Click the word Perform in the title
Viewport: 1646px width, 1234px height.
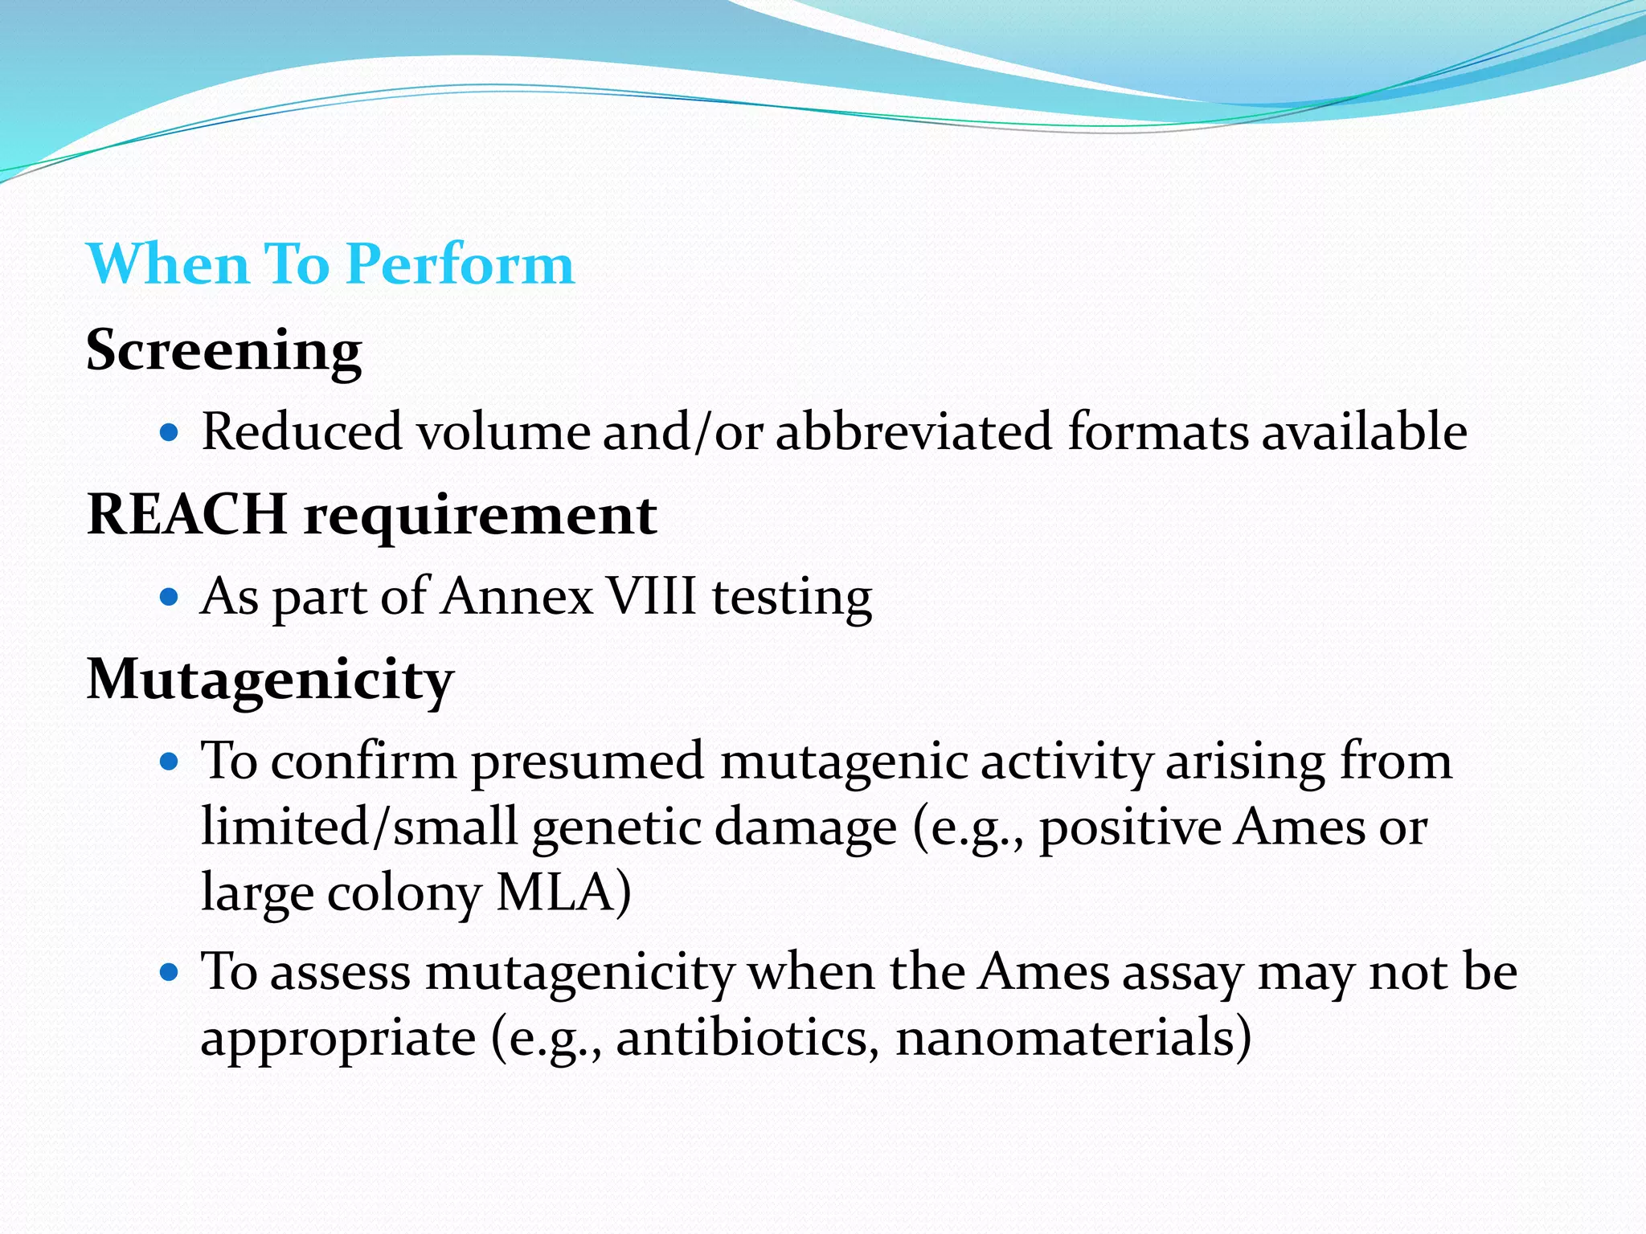tap(461, 265)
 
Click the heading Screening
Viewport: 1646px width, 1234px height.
tap(224, 351)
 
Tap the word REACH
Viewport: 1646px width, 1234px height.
tap(186, 514)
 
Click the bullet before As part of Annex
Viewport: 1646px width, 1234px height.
tap(168, 598)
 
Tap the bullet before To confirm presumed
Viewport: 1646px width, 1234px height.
tap(168, 762)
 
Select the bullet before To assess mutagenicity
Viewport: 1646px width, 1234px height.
tap(168, 973)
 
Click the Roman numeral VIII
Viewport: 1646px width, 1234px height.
tap(652, 597)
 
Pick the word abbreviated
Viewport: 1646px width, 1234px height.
tap(914, 431)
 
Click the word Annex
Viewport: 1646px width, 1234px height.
tap(518, 597)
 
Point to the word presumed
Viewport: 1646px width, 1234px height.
tap(588, 762)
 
